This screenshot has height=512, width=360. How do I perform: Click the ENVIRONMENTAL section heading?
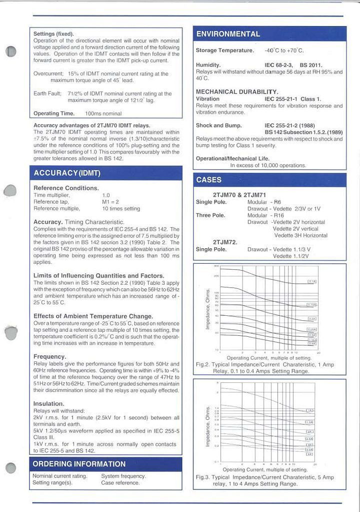point(227,34)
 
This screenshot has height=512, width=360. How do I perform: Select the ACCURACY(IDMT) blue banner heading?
point(67,173)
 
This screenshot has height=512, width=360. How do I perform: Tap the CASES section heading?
point(209,180)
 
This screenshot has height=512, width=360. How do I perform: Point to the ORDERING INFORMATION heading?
point(79,464)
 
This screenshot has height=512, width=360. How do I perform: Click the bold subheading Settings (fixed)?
point(53,34)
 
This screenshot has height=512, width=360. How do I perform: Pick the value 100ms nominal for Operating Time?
point(103,114)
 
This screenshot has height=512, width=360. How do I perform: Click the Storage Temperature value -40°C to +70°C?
point(284,51)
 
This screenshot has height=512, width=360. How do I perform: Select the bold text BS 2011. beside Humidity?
point(311,65)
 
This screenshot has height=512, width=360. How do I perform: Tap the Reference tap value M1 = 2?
point(109,202)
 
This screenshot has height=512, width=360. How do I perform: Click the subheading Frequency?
point(49,357)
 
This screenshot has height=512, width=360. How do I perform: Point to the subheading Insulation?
point(48,404)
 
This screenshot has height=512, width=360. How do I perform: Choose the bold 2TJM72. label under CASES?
point(225,242)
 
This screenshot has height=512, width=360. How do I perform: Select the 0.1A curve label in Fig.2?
point(311,282)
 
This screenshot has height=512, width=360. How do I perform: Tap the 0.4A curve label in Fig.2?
point(311,343)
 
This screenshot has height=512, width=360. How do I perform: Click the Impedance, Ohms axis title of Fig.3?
point(207,426)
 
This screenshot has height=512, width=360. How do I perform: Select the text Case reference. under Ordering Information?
point(120,483)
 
